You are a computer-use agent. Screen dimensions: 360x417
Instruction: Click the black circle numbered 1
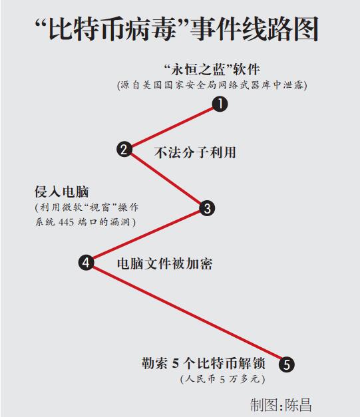click(x=220, y=104)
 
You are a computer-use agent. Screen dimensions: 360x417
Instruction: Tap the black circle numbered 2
click(x=124, y=149)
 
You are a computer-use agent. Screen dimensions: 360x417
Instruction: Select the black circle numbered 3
click(x=207, y=208)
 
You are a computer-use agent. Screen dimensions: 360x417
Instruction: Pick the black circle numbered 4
click(x=86, y=263)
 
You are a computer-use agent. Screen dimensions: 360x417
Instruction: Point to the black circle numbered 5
click(x=287, y=364)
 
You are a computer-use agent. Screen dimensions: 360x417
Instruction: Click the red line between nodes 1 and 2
click(x=172, y=126)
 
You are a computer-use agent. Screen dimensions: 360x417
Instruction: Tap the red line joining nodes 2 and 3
click(x=166, y=178)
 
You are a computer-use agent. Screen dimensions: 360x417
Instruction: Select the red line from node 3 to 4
click(x=146, y=235)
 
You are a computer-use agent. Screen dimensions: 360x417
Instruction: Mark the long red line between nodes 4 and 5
click(x=186, y=313)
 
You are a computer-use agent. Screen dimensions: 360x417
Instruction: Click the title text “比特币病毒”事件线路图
click(x=177, y=29)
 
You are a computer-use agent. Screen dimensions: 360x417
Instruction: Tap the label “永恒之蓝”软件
click(x=212, y=70)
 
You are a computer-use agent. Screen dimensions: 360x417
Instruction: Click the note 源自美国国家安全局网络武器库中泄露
click(x=212, y=85)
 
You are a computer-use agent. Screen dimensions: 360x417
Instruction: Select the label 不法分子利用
click(x=195, y=153)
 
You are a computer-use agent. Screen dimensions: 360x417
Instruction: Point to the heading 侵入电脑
click(x=61, y=192)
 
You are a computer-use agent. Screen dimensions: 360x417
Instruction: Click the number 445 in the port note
click(x=66, y=221)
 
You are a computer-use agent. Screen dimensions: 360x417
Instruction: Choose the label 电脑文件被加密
click(x=164, y=264)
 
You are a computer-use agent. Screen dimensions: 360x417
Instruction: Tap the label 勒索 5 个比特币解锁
click(x=203, y=363)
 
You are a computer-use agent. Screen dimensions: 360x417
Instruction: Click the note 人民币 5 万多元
click(x=222, y=379)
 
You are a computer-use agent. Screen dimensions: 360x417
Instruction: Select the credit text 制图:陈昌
click(x=281, y=405)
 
